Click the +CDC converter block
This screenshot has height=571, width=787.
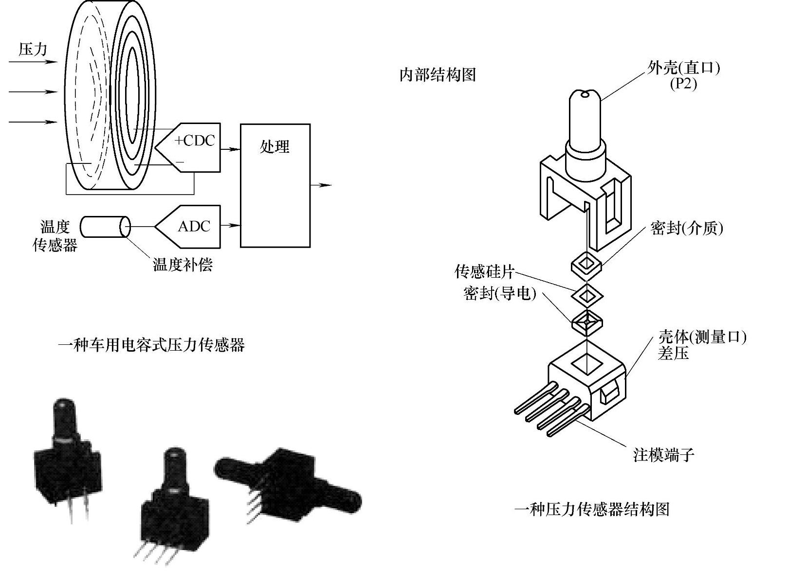coord(192,147)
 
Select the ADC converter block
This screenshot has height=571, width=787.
coord(192,226)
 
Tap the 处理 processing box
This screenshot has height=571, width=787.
coord(275,185)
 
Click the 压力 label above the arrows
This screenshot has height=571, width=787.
coord(33,49)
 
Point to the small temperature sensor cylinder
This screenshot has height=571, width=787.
coord(105,227)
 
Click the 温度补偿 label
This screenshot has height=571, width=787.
coord(183,265)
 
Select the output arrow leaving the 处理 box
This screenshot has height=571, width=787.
coord(321,185)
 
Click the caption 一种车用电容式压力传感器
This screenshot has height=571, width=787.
coord(151,345)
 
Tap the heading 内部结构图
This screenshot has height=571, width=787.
coord(437,74)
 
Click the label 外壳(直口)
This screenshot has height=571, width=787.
coord(683,68)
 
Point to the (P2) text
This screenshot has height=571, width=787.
coord(683,84)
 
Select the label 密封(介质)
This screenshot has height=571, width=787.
coord(686,228)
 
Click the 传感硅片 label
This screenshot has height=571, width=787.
coord(484,271)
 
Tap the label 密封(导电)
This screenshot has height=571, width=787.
coord(499,293)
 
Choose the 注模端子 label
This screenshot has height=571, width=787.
coord(663,455)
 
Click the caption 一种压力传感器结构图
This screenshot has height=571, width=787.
coord(592,509)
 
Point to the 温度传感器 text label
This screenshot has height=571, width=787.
coord(55,236)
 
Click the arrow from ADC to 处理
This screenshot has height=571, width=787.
coord(230,225)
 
